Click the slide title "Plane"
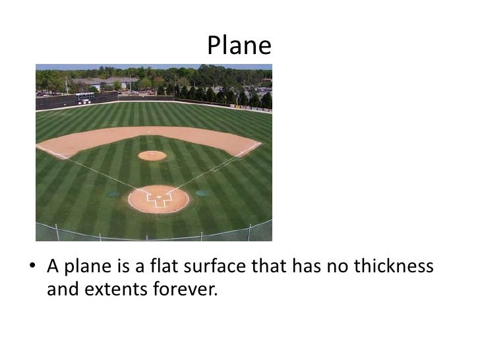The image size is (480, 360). tap(239, 45)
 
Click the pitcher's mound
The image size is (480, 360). tap(152, 156)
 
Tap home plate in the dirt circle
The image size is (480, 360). tap(158, 197)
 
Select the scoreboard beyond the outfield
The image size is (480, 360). tap(84, 98)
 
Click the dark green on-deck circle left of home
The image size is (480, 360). tap(113, 195)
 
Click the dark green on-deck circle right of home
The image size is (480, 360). tap(202, 193)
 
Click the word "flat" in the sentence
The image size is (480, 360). tap(167, 267)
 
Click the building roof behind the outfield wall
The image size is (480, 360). tap(105, 80)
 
